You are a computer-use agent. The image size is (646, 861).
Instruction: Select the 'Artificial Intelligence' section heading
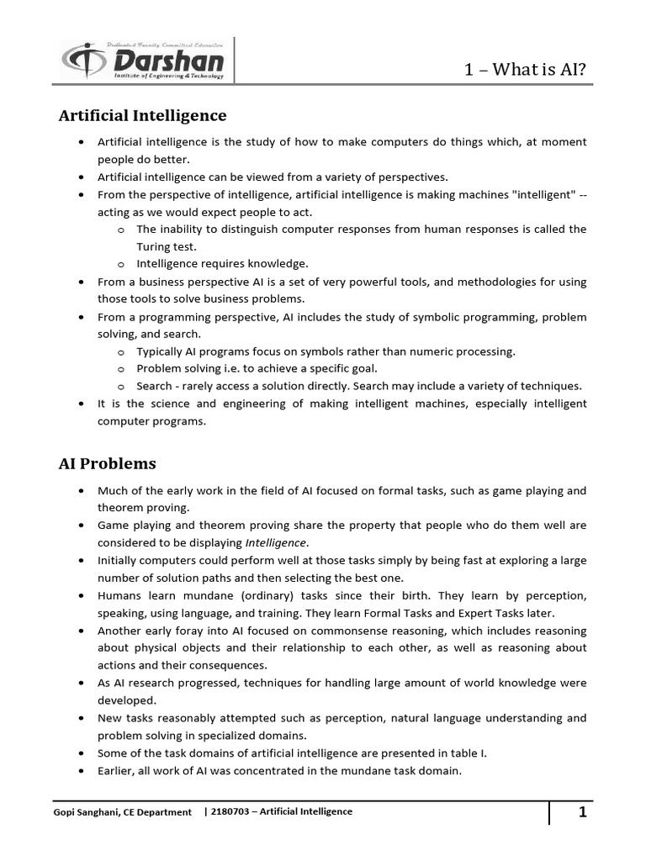point(142,114)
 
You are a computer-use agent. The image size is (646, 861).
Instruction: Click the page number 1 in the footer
point(581,812)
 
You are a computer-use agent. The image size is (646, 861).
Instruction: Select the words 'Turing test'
point(166,246)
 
